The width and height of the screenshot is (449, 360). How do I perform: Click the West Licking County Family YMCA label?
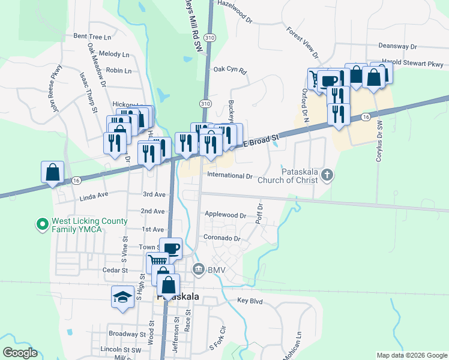point(90,225)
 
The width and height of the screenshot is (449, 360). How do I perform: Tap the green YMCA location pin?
point(42,225)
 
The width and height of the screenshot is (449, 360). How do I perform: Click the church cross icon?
point(327,175)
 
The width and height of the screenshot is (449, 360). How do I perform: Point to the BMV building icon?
point(198,271)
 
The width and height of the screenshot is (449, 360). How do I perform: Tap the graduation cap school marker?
point(123,297)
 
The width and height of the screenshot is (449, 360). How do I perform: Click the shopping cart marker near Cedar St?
point(158,262)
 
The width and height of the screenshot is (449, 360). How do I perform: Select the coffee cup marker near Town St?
point(170,248)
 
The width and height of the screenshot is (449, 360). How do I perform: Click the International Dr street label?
point(230,176)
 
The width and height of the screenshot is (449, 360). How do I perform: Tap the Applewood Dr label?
point(226,215)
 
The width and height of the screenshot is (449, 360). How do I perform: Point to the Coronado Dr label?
point(222,238)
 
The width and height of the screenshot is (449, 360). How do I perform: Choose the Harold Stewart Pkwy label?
point(414,64)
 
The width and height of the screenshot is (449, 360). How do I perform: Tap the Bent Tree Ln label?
point(92,37)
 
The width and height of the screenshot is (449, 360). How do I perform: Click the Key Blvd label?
point(250,300)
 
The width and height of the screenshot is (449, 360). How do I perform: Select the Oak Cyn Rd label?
point(231,70)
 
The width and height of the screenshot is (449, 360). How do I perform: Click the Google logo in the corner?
point(19,353)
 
